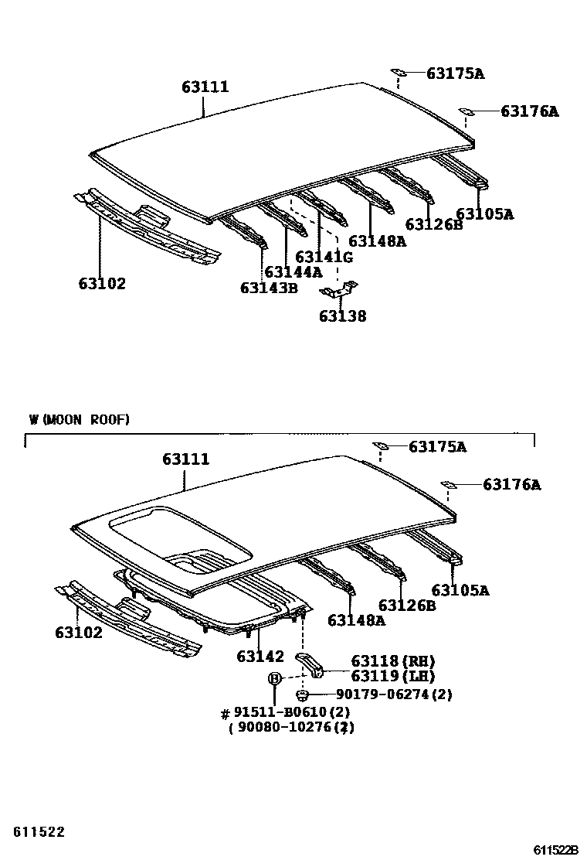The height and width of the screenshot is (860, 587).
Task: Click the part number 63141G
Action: point(324,257)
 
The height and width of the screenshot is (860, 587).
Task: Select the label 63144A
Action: point(293,272)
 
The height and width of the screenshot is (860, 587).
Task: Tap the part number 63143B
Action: point(268,288)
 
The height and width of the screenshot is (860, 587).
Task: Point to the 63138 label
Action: point(342,316)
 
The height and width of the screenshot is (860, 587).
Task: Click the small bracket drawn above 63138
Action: point(339,291)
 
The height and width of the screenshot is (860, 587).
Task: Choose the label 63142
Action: point(260,657)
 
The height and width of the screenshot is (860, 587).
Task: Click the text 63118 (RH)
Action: point(393,661)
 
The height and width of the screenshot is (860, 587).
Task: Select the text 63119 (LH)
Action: point(393,676)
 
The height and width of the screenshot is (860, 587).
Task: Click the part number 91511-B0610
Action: point(286,712)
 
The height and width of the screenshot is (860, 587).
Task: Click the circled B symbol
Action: point(274,678)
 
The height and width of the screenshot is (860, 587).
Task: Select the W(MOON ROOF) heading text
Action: point(80,420)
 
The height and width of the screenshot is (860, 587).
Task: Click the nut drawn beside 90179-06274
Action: point(304,694)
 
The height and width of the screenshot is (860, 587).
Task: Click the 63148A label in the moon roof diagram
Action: point(356,619)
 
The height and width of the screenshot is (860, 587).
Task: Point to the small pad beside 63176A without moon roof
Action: point(467,111)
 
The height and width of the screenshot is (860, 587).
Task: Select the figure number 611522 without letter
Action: point(39,832)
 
